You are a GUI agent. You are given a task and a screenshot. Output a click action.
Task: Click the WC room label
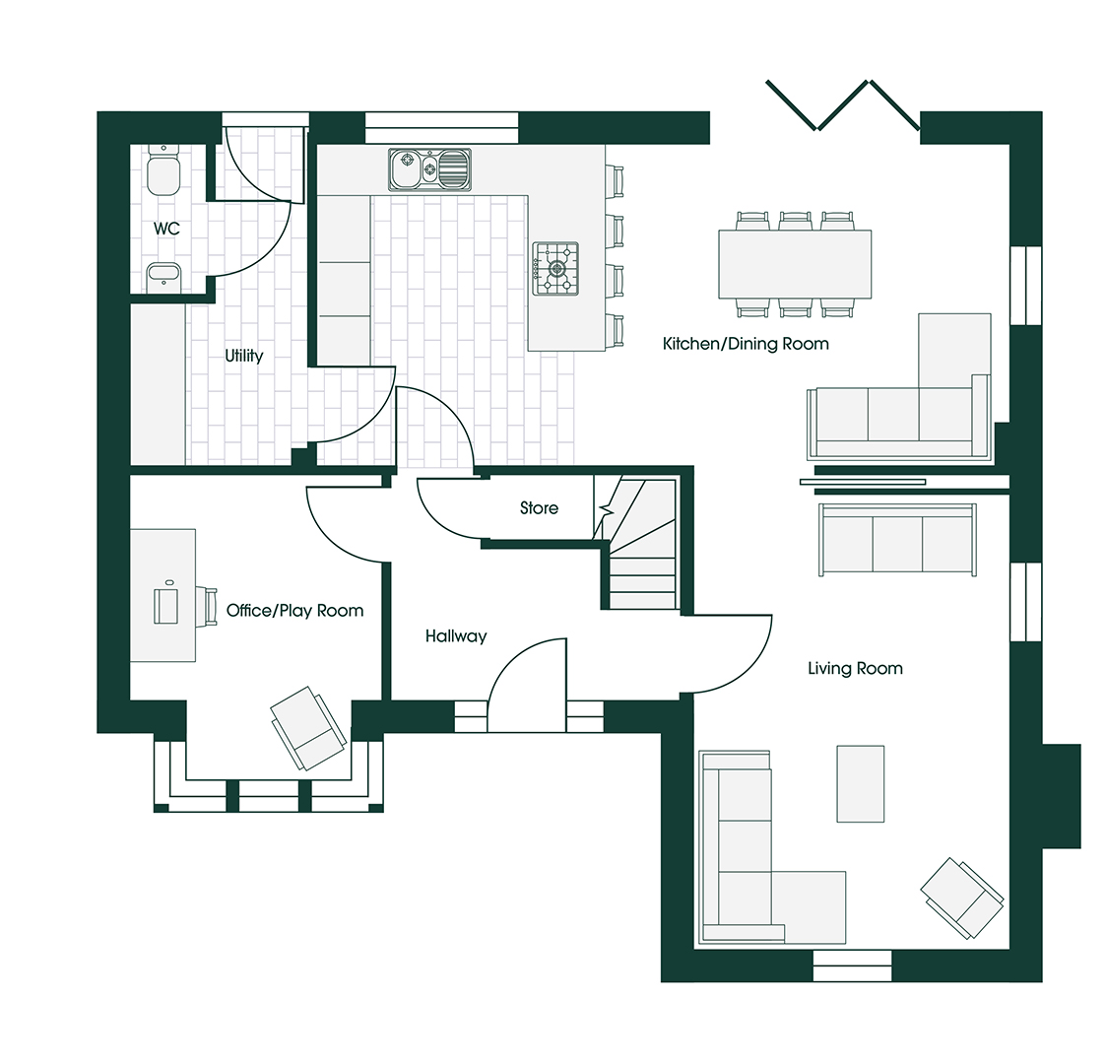pyautogui.click(x=166, y=229)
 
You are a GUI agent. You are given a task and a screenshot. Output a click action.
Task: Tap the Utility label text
pyautogui.click(x=243, y=356)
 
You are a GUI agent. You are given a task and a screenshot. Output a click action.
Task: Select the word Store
pyautogui.click(x=539, y=508)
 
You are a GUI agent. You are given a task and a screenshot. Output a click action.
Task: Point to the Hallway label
pyautogui.click(x=456, y=636)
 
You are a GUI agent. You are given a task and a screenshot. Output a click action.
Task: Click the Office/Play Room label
pyautogui.click(x=294, y=611)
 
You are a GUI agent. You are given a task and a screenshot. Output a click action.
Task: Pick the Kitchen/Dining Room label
pyautogui.click(x=746, y=344)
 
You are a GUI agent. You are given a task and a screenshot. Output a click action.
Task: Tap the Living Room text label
pyautogui.click(x=855, y=668)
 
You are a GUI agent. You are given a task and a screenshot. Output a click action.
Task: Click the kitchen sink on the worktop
pyautogui.click(x=429, y=168)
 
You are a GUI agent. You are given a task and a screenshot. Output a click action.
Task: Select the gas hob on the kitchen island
pyautogui.click(x=555, y=268)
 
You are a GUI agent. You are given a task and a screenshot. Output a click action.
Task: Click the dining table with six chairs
pyautogui.click(x=795, y=264)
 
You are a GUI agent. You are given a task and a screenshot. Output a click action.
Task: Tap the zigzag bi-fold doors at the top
pyautogui.click(x=843, y=105)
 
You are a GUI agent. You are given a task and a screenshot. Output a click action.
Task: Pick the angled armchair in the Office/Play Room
pyautogui.click(x=308, y=727)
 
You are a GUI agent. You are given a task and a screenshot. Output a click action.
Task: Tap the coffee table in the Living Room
pyautogui.click(x=860, y=783)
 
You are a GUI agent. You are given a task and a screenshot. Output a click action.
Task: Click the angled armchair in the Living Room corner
pyautogui.click(x=962, y=897)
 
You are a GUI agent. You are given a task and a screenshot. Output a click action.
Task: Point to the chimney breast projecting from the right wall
pyautogui.click(x=1061, y=794)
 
